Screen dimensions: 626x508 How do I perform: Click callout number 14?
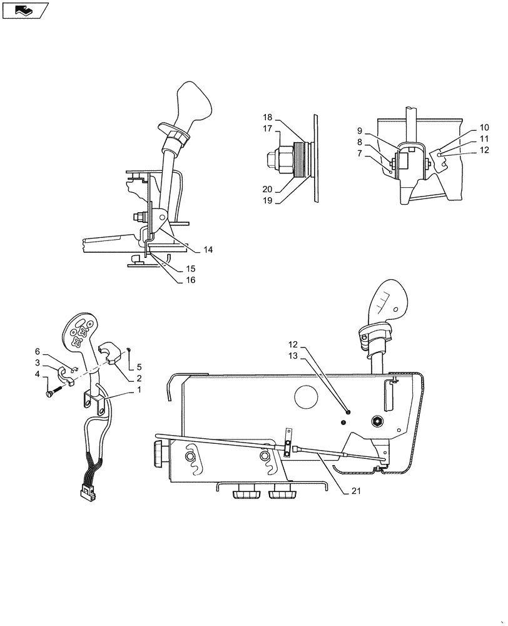208,250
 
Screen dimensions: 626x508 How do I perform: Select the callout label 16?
190,280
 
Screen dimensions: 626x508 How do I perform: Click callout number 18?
267,117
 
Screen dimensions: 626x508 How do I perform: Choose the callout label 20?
267,190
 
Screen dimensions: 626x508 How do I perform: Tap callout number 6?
38,352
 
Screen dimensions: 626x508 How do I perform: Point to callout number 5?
140,367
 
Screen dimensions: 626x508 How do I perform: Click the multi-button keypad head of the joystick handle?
80,330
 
